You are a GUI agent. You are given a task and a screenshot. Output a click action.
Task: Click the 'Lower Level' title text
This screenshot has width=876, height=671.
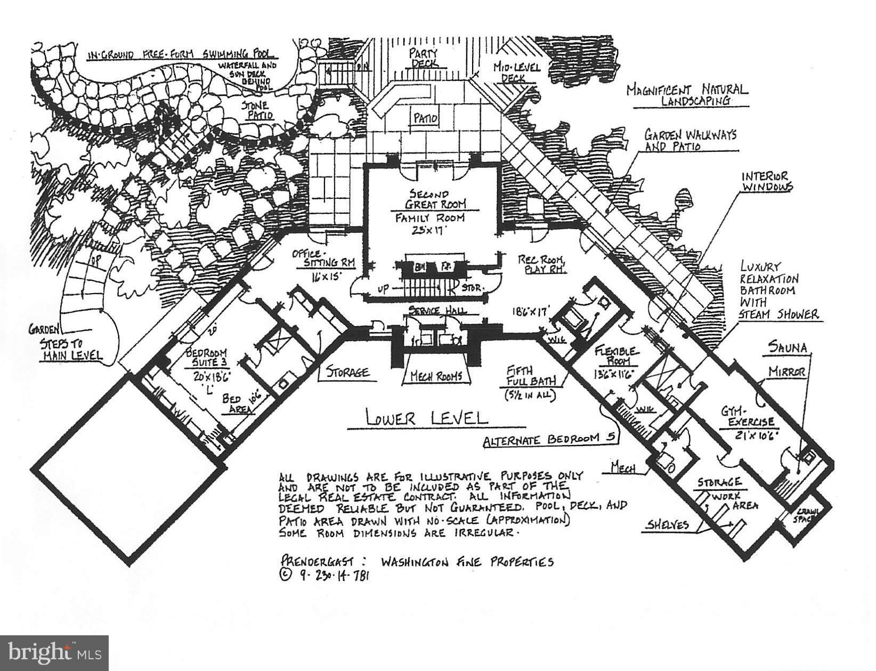pyautogui.click(x=427, y=417)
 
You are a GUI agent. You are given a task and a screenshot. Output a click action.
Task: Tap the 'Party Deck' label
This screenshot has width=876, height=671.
pyautogui.click(x=424, y=58)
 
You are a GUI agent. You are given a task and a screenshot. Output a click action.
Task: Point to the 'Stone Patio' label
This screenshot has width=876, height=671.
pyautogui.click(x=257, y=110)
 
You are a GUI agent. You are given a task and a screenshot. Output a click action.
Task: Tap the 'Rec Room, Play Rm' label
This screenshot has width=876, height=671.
pyautogui.click(x=541, y=264)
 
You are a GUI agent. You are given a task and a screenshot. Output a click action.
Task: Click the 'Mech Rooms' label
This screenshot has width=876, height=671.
pyautogui.click(x=436, y=376)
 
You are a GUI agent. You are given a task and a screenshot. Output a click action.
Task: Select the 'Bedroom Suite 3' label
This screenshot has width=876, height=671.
pyautogui.click(x=206, y=358)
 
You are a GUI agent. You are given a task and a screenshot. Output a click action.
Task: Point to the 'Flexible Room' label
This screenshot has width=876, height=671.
pyautogui.click(x=616, y=355)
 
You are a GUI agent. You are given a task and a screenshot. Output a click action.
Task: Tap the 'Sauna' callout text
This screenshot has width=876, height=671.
pyautogui.click(x=788, y=347)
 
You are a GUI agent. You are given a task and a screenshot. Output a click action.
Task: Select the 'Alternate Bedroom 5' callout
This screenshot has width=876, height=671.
pyautogui.click(x=549, y=440)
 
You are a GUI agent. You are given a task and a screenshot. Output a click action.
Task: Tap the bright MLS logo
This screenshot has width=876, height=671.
pyautogui.click(x=54, y=652)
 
